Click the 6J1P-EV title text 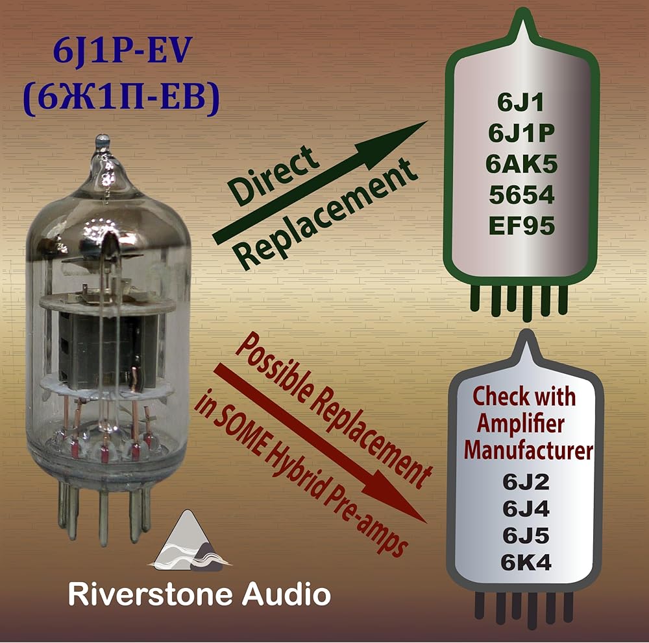[x=122, y=53]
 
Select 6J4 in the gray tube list [x=526, y=509]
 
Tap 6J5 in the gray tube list [x=526, y=536]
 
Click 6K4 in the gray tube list [x=526, y=563]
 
